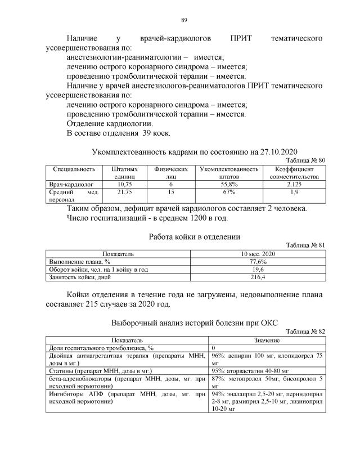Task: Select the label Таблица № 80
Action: click(305, 160)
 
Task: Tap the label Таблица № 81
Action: click(305, 245)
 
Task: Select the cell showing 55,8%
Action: click(228, 184)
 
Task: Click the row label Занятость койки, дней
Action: click(79, 277)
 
